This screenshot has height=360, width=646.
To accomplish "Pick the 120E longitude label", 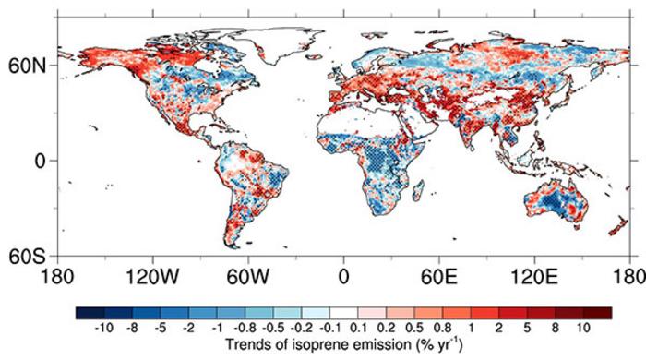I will coord(534,275).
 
